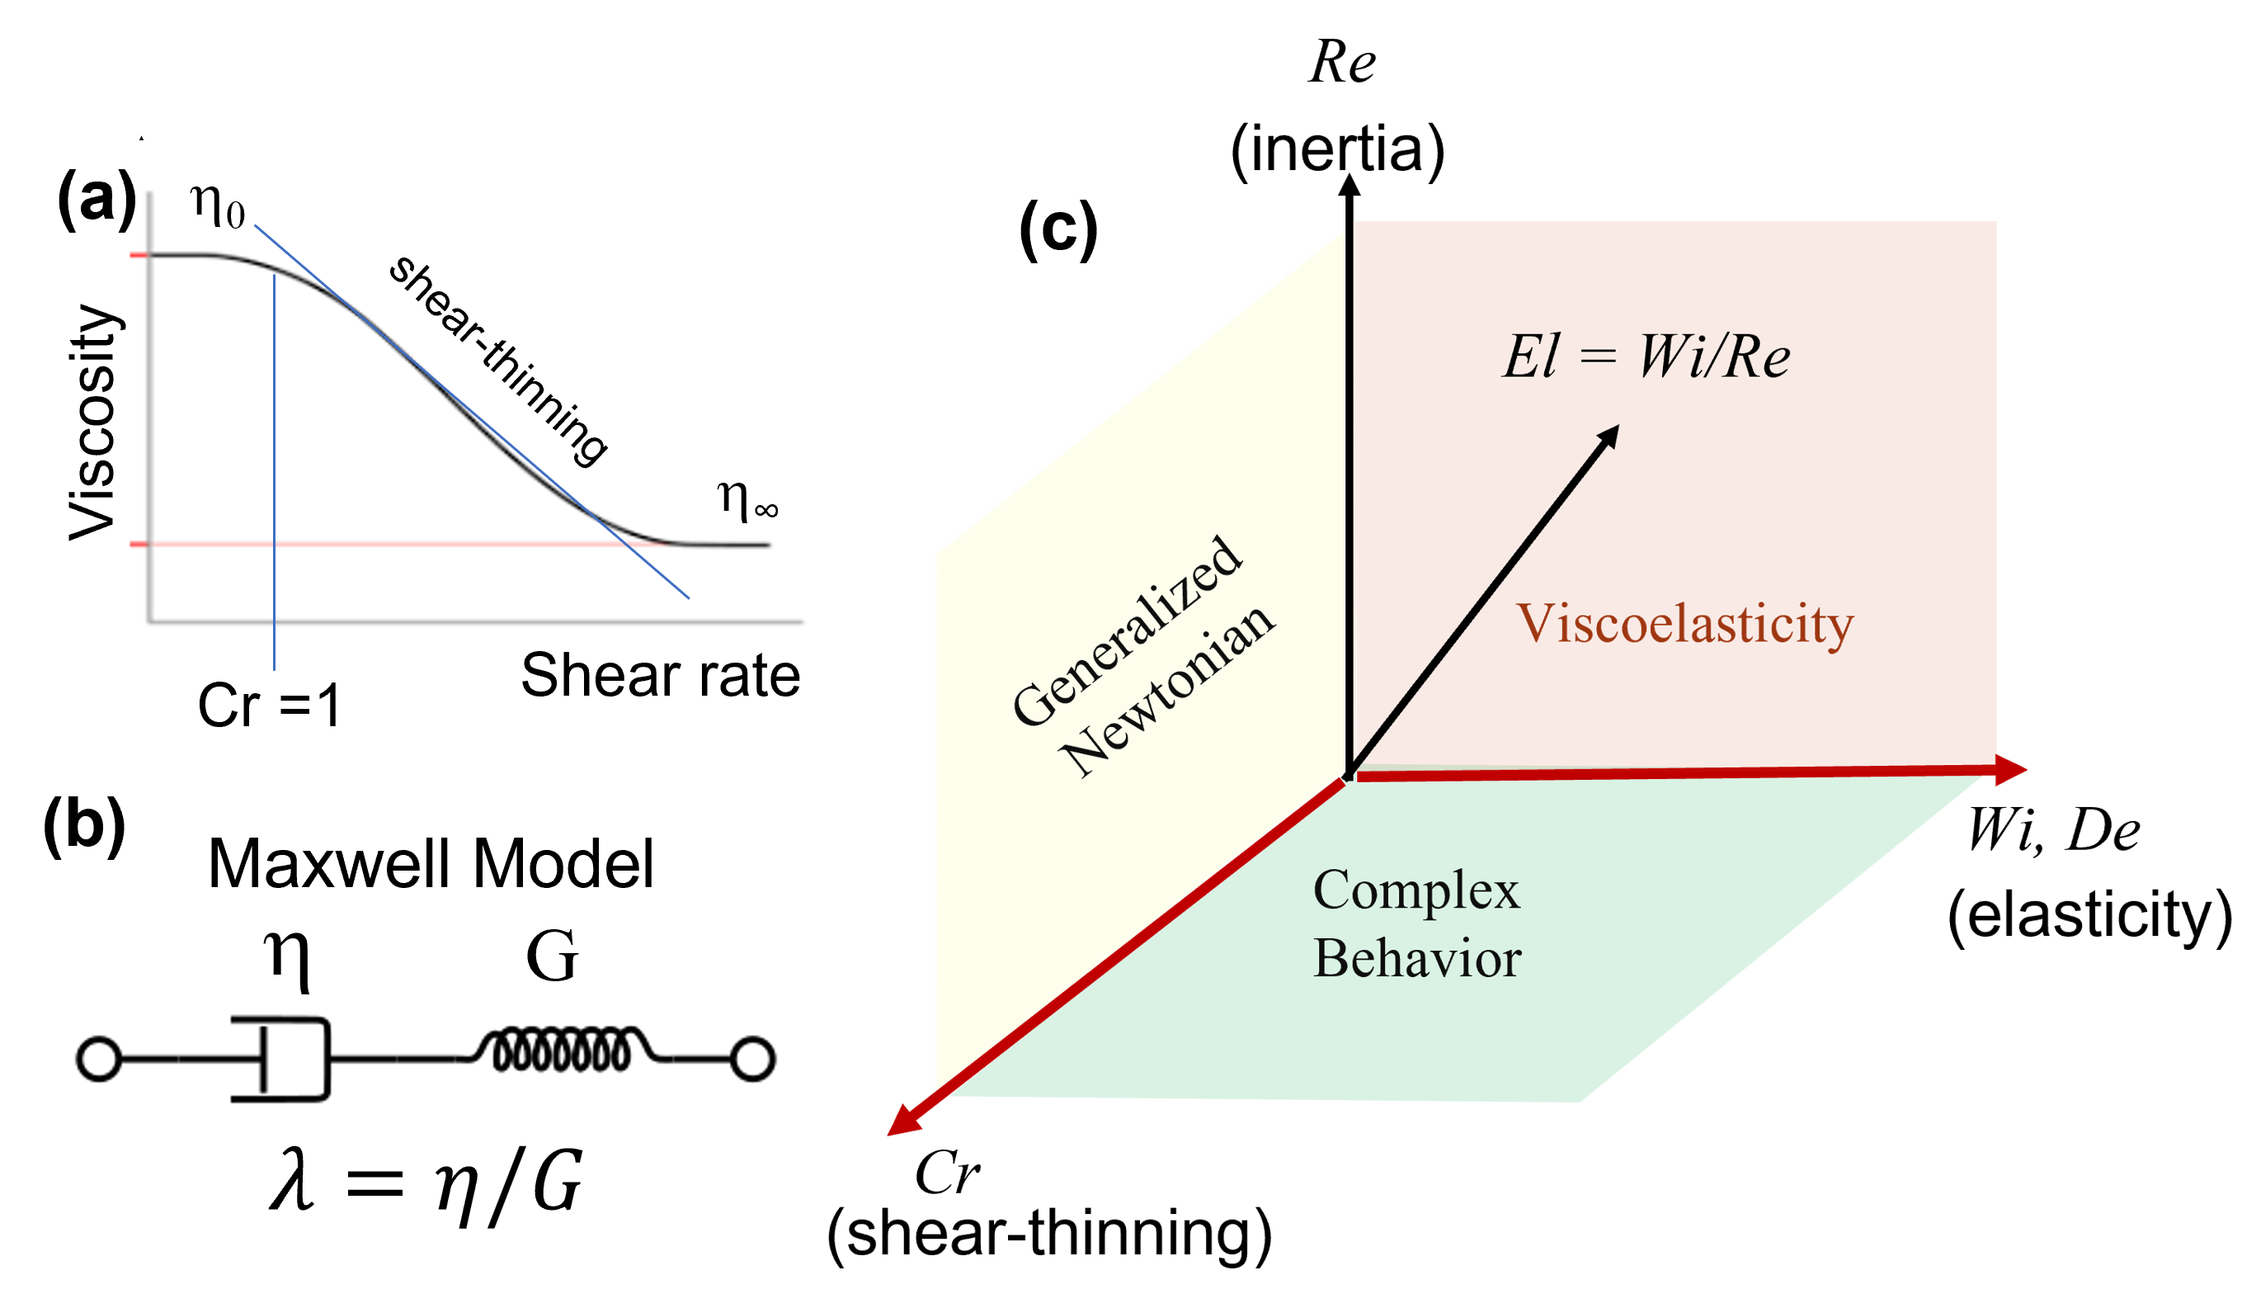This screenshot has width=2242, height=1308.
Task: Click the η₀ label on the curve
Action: point(217,206)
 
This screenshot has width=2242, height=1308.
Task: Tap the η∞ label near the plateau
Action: point(747,500)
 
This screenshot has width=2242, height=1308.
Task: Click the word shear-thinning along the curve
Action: point(498,360)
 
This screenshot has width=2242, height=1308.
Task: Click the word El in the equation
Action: point(1530,357)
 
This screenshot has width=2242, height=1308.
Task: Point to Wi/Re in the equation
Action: point(1713,357)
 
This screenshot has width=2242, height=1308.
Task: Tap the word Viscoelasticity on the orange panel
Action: point(1685,624)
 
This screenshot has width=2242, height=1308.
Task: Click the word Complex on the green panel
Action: point(1416,890)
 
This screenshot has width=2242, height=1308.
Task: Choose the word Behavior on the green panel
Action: point(1416,959)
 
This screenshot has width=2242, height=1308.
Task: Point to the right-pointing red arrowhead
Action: point(2013,770)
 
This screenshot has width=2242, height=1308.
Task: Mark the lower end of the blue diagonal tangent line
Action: point(688,597)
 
